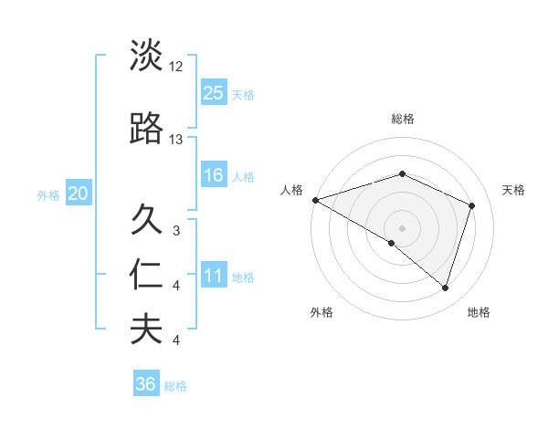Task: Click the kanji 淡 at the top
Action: pos(146,56)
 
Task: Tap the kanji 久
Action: pos(146,220)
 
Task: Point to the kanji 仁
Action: pos(146,275)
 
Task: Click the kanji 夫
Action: pos(146,330)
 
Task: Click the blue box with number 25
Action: pos(214,92)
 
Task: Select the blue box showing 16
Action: pos(214,175)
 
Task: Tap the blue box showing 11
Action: pos(214,276)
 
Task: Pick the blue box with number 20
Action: pos(78,193)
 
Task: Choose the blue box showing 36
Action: pos(146,384)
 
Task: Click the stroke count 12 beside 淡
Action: pos(176,67)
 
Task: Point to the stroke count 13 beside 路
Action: pos(176,140)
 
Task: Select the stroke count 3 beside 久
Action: pos(176,231)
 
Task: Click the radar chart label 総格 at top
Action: pos(402,119)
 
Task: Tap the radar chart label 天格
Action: pos(513,190)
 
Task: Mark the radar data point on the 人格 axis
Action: pos(314,199)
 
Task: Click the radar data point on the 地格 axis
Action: pos(446,288)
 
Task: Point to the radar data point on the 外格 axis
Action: pos(392,243)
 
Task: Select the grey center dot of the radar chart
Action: pos(402,227)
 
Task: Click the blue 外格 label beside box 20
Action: pos(48,194)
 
